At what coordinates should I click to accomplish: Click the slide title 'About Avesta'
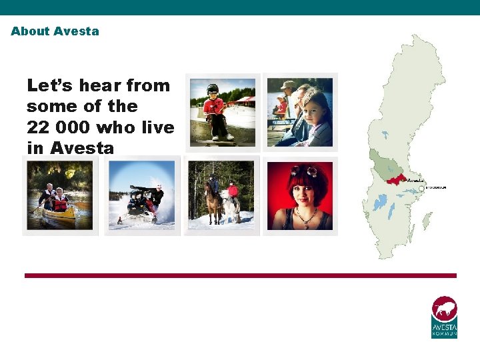click(x=55, y=31)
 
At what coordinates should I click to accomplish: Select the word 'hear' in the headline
click(x=101, y=85)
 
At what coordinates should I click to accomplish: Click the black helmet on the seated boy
click(x=213, y=89)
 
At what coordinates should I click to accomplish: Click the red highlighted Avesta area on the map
click(x=396, y=179)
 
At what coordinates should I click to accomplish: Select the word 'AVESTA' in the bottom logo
click(x=445, y=327)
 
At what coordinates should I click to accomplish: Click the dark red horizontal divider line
click(x=240, y=275)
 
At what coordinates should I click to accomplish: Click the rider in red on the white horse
click(x=233, y=191)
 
